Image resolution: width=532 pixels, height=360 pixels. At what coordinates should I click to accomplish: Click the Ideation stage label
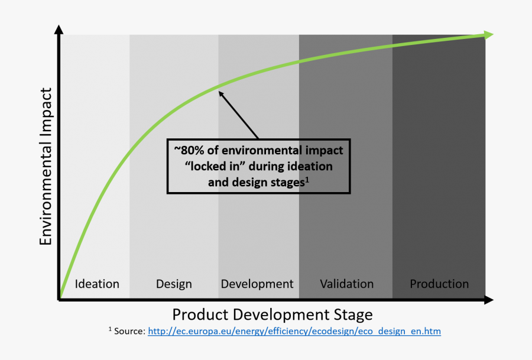(97, 284)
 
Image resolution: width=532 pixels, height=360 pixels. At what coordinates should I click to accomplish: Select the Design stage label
(174, 284)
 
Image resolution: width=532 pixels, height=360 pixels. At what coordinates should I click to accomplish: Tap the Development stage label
(257, 284)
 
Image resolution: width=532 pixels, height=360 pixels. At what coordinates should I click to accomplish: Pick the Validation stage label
(347, 284)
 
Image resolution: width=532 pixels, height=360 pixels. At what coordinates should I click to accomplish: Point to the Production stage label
(439, 284)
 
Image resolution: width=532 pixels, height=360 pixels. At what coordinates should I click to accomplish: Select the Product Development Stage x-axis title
(273, 313)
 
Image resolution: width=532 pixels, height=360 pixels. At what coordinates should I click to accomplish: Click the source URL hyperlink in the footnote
(294, 331)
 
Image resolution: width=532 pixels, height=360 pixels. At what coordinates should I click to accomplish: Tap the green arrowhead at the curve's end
(488, 35)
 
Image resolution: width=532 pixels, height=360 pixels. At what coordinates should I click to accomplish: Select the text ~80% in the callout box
(187, 150)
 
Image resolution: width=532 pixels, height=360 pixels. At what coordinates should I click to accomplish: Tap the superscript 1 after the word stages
(306, 179)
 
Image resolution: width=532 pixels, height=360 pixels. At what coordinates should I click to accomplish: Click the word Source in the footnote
(129, 331)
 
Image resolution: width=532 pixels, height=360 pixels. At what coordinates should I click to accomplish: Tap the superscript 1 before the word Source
(110, 329)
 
